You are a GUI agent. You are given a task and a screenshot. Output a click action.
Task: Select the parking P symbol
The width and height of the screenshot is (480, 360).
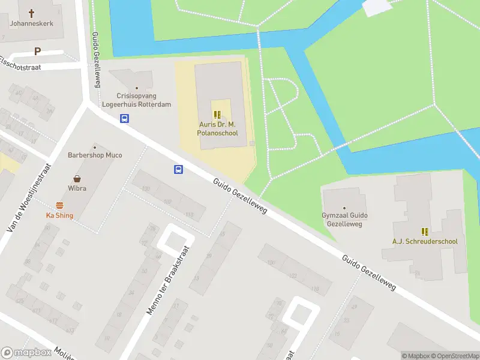(x=38, y=52)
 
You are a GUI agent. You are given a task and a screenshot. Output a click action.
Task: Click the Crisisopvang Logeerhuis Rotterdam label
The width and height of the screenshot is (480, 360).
(x=143, y=100)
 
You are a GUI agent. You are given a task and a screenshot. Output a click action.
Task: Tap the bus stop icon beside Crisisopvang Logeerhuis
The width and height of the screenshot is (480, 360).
(x=124, y=118)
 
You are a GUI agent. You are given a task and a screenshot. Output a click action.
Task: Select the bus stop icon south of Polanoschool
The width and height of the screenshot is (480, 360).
(x=178, y=169)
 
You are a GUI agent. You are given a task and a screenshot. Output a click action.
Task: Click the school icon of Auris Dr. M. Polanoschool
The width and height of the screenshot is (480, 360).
(x=217, y=114)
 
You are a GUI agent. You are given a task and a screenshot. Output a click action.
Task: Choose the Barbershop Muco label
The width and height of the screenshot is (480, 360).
(x=94, y=155)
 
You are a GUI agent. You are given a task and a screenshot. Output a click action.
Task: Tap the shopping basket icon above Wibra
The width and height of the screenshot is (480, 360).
(x=77, y=178)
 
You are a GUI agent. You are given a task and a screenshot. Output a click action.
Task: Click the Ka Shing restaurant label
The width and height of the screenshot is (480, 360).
(x=59, y=215)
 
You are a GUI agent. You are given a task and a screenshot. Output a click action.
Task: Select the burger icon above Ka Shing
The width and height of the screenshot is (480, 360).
(x=59, y=205)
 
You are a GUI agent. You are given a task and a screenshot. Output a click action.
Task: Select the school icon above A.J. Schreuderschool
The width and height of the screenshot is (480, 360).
(x=425, y=232)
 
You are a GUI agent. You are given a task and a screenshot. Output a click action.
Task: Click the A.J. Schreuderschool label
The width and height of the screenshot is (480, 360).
(x=425, y=242)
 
